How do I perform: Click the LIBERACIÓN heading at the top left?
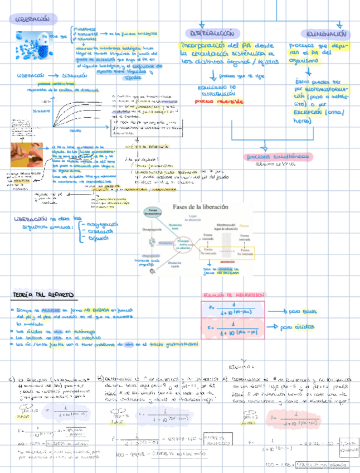33,19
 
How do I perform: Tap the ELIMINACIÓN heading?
327,33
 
